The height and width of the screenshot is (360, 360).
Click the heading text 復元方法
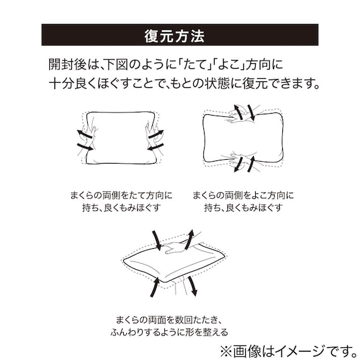(x=179, y=35)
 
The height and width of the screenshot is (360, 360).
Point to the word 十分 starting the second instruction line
(x=59, y=83)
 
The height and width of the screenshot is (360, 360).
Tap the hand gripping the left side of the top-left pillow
(x=84, y=140)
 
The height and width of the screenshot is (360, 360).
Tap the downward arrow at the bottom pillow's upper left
(x=156, y=240)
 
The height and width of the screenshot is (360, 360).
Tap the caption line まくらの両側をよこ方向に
(x=243, y=195)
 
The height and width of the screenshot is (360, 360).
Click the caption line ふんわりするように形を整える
(x=172, y=332)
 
